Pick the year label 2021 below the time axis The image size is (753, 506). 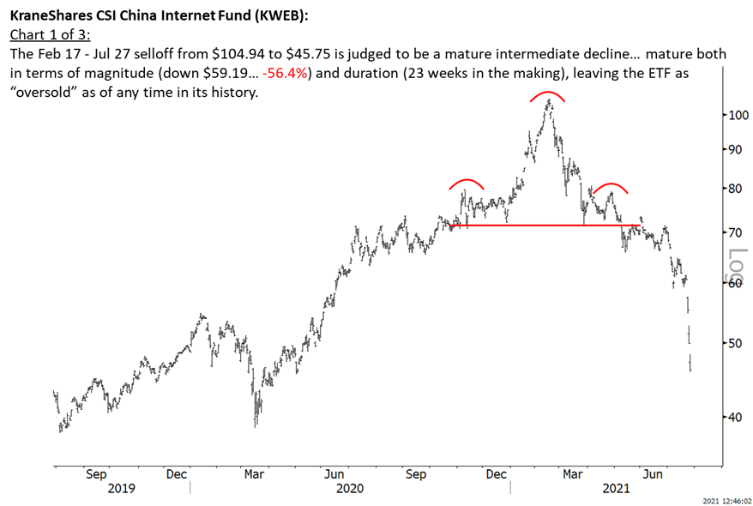616,488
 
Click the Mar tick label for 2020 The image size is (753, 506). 255,473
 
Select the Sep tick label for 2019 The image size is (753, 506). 97,473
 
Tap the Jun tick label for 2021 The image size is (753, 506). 656,473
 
